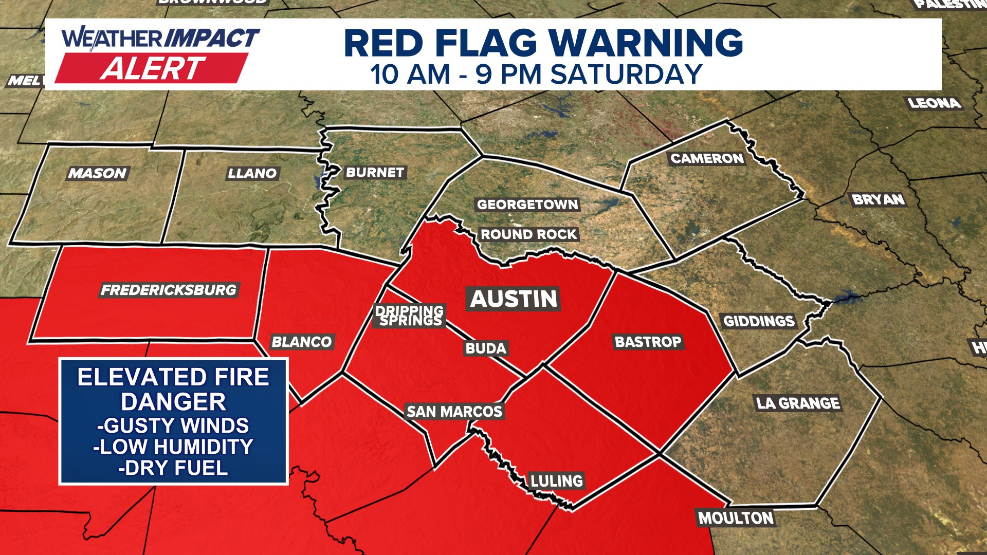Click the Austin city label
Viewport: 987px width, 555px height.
pos(514,299)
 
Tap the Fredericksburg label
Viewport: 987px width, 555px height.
pos(169,290)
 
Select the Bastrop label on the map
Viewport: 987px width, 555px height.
pos(648,342)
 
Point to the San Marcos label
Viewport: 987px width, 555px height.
pos(454,412)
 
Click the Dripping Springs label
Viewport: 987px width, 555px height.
pos(410,316)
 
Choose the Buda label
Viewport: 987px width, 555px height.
pos(486,348)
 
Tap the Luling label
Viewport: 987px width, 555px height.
pos(557,481)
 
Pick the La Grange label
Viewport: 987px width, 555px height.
pos(798,403)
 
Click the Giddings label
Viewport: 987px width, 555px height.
pos(759,321)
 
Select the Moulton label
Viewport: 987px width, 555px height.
pos(735,518)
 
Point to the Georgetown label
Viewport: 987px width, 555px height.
pos(527,205)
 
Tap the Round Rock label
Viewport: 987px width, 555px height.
pos(528,234)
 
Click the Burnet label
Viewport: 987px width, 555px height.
pos(375,172)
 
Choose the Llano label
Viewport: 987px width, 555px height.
pos(252,173)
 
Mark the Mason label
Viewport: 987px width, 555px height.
pos(97,173)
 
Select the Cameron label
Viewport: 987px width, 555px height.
pos(707,158)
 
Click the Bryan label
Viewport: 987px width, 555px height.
pos(878,199)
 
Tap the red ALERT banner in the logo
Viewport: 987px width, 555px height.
pos(152,68)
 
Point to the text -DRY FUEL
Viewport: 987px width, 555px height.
pos(173,468)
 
